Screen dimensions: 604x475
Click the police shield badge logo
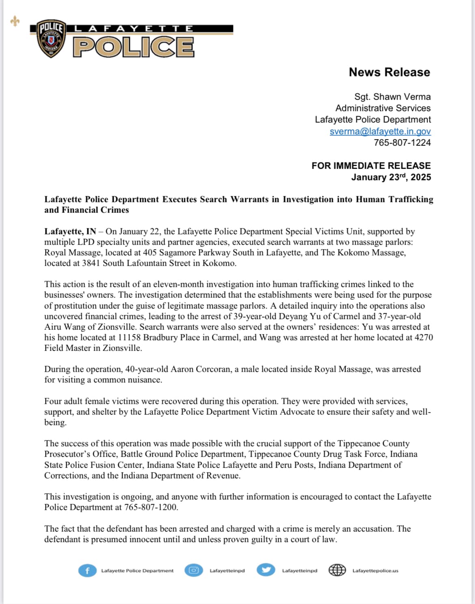click(51, 39)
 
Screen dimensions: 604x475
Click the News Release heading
click(389, 72)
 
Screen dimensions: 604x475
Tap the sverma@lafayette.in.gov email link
click(380, 131)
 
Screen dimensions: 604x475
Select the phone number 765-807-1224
click(402, 143)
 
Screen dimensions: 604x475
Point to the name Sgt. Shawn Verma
click(392, 97)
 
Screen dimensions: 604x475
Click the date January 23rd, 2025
click(391, 177)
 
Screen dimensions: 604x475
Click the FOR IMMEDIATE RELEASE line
click(371, 166)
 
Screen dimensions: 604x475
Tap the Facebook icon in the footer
click(87, 571)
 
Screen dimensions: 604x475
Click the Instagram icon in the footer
click(194, 570)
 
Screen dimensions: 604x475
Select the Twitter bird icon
click(266, 570)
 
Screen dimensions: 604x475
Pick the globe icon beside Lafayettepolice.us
click(337, 570)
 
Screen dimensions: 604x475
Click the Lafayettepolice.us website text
click(375, 571)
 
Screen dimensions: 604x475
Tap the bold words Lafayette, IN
click(70, 232)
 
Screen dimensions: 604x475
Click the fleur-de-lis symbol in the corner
click(15, 21)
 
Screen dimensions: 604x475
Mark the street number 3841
click(91, 263)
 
